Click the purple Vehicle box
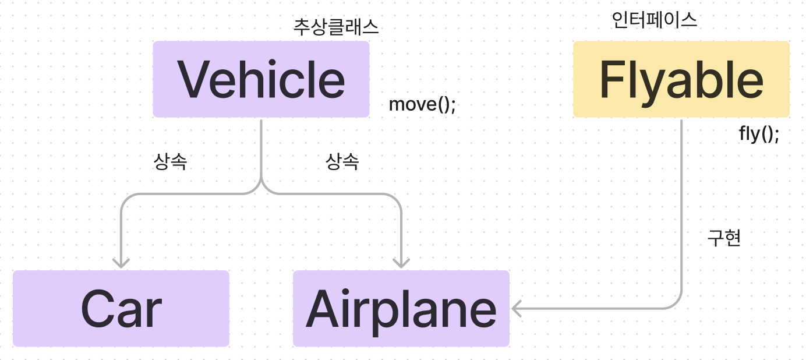tap(261, 79)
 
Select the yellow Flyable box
tap(681, 79)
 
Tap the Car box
tap(121, 309)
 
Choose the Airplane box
tap(401, 309)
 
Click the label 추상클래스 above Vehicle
tap(336, 27)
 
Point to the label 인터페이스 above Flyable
tap(655, 20)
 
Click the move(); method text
tap(422, 105)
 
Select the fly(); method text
tap(759, 134)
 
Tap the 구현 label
tap(724, 238)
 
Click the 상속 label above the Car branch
tap(170, 162)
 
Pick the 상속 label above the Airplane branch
tap(342, 162)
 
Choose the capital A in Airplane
tap(324, 309)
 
